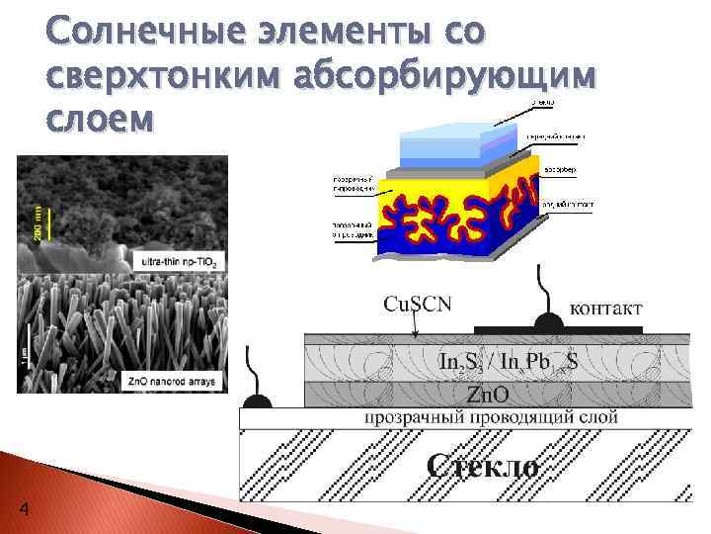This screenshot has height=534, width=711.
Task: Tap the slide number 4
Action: tap(24, 509)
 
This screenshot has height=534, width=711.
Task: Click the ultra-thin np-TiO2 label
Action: tap(179, 261)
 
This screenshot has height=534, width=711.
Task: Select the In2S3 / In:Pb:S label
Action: tap(509, 363)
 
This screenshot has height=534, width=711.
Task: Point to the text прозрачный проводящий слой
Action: tap(492, 417)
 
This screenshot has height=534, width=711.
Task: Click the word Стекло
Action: tap(482, 466)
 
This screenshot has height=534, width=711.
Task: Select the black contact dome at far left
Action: tap(258, 400)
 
